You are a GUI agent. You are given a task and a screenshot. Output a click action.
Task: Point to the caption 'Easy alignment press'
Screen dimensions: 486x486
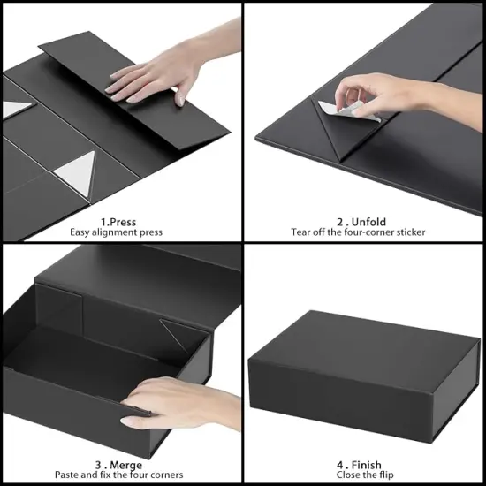pos(117,232)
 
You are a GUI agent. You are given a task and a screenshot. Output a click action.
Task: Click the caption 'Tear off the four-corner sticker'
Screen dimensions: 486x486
pos(359,232)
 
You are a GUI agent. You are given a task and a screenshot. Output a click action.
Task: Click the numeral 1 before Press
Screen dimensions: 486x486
pos(103,221)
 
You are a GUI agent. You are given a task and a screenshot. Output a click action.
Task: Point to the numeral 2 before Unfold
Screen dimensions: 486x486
pos(340,221)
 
